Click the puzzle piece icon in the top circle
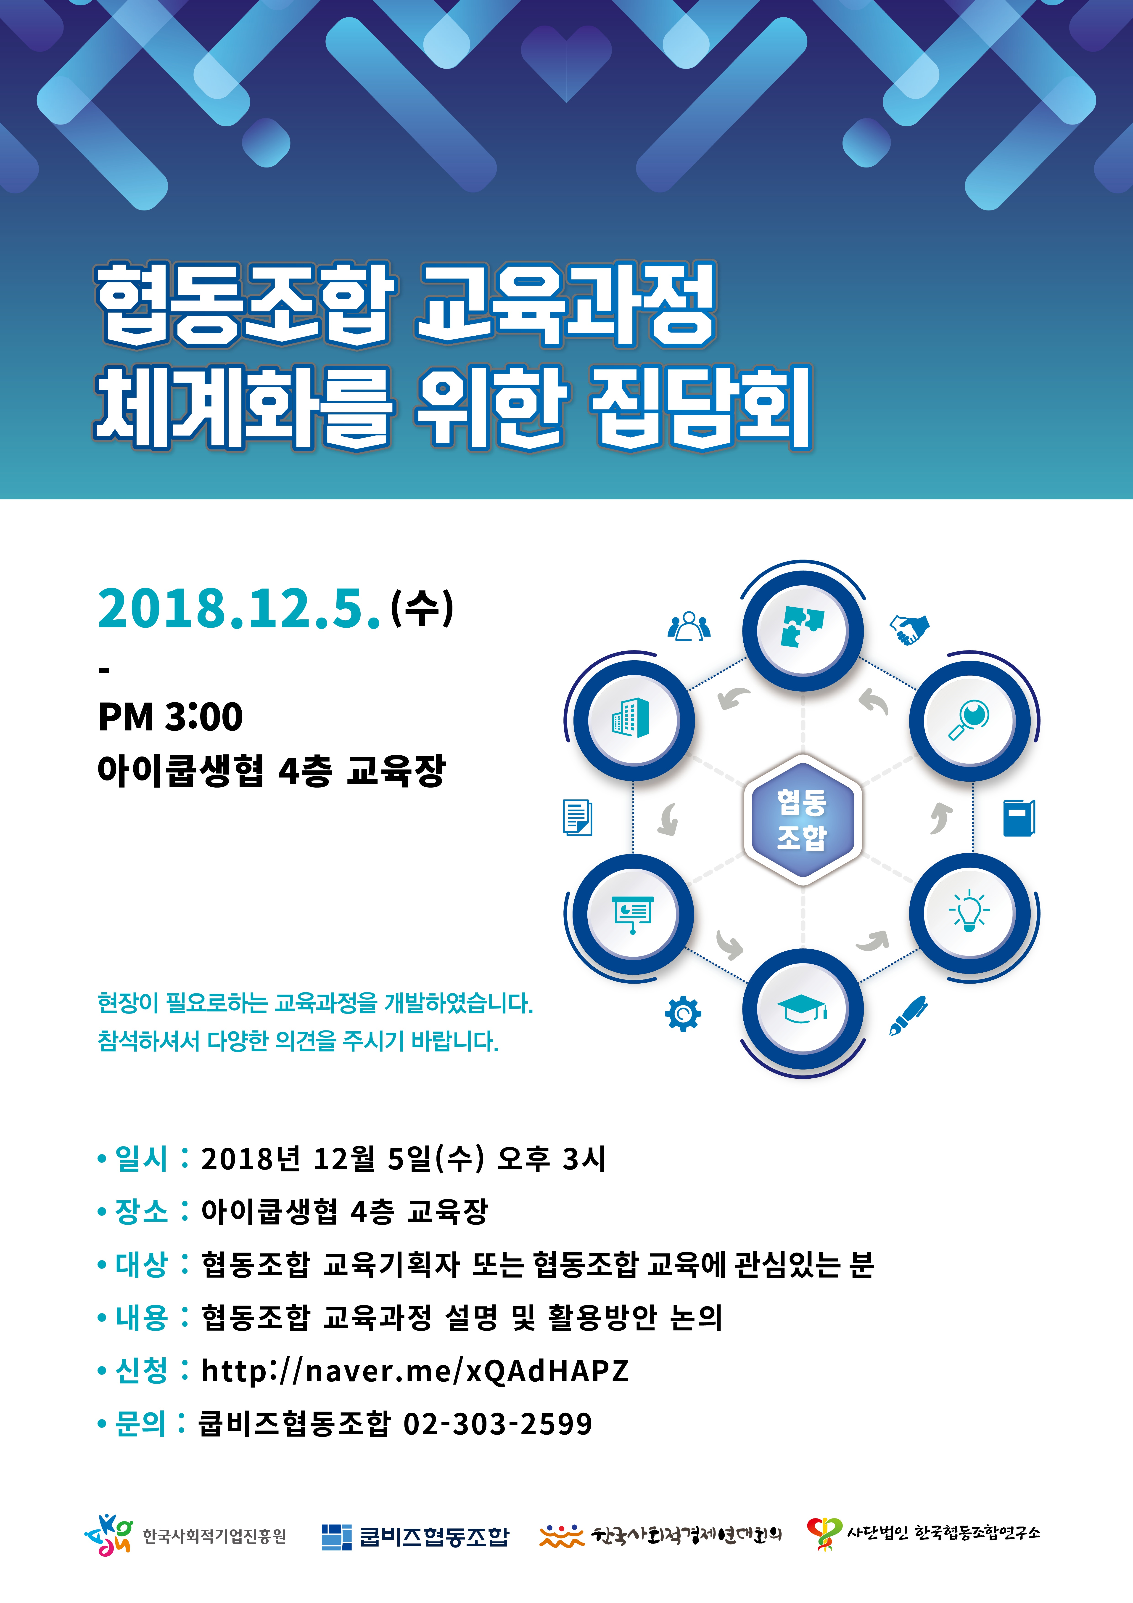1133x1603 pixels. pos(802,626)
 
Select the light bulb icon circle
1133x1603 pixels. pos(969,912)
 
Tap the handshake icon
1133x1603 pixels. pos(909,628)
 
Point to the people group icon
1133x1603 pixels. pos(689,626)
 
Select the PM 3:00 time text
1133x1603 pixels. pos(170,716)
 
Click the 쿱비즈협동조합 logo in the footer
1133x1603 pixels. pos(415,1536)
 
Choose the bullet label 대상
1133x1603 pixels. pos(142,1264)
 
